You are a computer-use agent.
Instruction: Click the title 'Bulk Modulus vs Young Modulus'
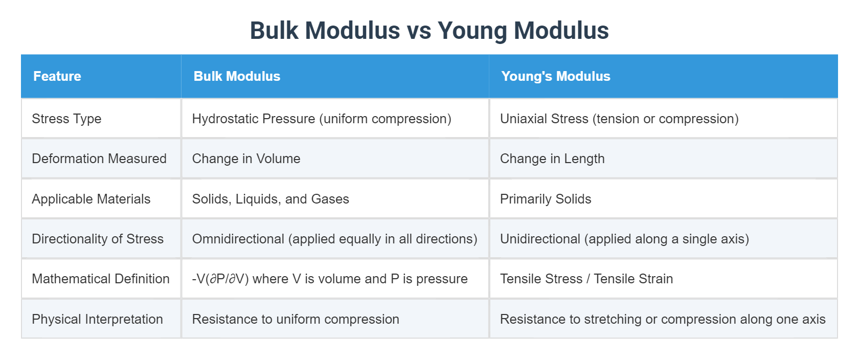(x=429, y=31)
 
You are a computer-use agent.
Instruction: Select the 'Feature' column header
(x=57, y=76)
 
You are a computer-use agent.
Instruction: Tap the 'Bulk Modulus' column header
(x=237, y=76)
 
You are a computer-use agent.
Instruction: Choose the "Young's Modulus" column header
(x=555, y=76)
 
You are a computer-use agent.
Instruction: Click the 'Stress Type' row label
(x=66, y=119)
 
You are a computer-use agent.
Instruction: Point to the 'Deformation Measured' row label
(x=99, y=159)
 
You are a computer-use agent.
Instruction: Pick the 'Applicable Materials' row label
(x=91, y=199)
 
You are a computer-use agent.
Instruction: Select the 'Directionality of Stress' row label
(x=98, y=239)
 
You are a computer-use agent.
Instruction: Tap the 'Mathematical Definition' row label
(x=101, y=279)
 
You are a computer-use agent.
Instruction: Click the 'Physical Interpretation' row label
(x=97, y=319)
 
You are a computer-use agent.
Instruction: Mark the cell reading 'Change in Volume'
(x=246, y=159)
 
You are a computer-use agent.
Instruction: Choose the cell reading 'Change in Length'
(x=552, y=159)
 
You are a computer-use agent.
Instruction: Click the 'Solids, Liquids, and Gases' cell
(x=270, y=199)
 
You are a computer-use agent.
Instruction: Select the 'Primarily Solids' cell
(x=546, y=199)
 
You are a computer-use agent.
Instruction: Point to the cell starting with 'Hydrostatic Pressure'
(x=322, y=119)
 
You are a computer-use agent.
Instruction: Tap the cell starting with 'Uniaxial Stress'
(x=619, y=119)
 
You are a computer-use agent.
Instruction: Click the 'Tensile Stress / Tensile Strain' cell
(x=586, y=279)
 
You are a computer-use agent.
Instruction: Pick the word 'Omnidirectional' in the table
(x=238, y=239)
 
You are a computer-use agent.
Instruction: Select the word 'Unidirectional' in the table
(x=540, y=239)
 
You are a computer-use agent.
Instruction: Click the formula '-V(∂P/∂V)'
(x=220, y=279)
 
